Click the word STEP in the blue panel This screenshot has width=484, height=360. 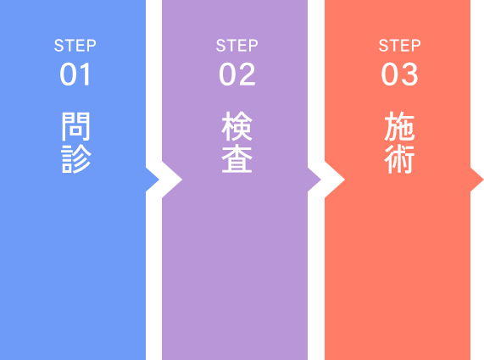75,46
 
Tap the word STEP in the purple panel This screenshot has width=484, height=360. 237,46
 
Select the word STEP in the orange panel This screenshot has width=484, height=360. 400,46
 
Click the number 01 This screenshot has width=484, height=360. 75,74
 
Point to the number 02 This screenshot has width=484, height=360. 237,74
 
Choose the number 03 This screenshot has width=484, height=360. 400,74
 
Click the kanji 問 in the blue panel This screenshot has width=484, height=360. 75,126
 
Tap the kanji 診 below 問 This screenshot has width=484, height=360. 76,159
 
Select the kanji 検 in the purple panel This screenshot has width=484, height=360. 237,126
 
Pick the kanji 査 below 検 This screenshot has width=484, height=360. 237,159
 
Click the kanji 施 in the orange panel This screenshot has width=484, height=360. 399,126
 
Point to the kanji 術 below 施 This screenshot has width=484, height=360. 399,159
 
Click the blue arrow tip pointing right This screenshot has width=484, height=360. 159,180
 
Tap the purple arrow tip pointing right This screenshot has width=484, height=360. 320,180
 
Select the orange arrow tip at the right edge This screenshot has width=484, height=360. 483,180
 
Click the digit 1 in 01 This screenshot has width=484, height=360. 85,74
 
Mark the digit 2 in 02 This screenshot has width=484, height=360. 247,74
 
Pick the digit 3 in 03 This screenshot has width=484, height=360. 409,74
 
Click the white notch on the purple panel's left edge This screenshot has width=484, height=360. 170,180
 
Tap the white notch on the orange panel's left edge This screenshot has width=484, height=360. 331,180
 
